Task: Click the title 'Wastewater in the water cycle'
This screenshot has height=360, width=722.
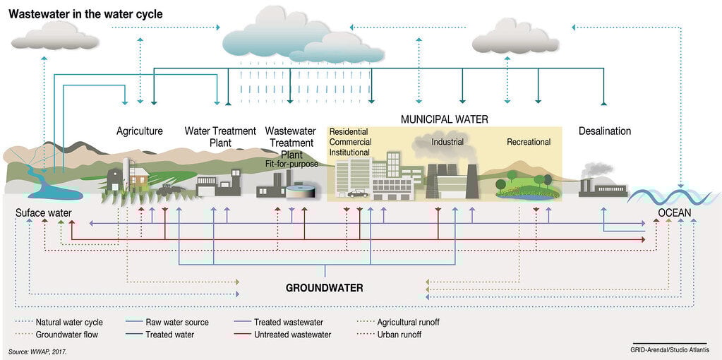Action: coord(85,14)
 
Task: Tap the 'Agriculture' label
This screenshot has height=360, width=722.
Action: coord(140,131)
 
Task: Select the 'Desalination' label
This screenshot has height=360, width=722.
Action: coord(605,131)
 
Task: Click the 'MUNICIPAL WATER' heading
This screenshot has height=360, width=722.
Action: coord(445,119)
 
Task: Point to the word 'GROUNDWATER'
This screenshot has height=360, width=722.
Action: coord(324,288)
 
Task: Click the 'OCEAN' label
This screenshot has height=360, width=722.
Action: coord(675,212)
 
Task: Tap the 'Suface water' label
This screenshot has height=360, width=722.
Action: coord(43,212)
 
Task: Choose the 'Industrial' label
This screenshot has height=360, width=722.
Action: coord(447,142)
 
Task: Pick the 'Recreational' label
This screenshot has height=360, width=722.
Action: coord(529,142)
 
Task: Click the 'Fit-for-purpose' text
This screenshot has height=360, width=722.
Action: coord(291,164)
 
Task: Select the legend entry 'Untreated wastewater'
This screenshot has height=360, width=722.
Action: coord(292,335)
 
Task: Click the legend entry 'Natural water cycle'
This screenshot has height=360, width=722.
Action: coord(69,322)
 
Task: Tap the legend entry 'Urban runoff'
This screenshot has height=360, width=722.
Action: coord(399,335)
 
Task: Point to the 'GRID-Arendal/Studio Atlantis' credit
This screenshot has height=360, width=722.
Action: coord(669,350)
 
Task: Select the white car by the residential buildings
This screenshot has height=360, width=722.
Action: coord(357,193)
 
